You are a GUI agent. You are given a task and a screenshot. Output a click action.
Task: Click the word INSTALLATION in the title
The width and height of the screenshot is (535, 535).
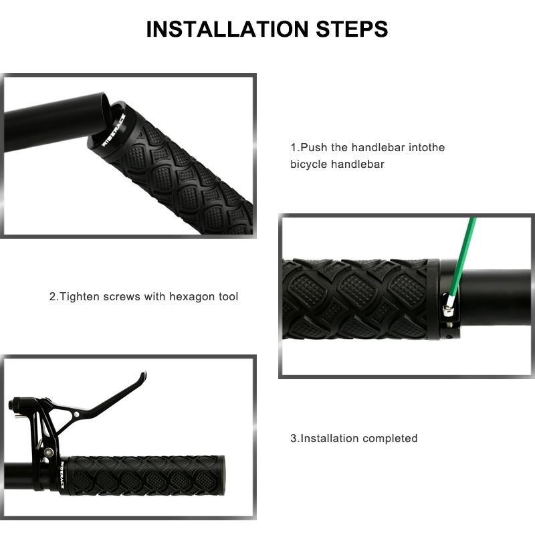227,29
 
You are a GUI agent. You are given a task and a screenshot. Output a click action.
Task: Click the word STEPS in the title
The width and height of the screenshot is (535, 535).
352,29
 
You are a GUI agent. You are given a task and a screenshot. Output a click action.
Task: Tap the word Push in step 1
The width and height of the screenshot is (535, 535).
314,147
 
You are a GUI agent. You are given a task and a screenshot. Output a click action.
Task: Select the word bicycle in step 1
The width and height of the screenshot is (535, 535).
308,165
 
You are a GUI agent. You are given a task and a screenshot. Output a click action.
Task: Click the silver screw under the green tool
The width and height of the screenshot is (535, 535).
448,310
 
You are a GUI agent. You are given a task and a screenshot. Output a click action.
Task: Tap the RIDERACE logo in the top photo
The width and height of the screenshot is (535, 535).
114,130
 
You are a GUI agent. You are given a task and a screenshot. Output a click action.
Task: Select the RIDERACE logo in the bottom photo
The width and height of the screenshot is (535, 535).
62,474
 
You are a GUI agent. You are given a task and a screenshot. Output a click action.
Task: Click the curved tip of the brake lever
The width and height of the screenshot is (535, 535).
144,375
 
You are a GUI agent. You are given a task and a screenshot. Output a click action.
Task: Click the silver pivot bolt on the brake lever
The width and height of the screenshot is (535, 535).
76,414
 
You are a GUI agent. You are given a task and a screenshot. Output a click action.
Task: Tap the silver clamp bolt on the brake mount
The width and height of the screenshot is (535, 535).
49,453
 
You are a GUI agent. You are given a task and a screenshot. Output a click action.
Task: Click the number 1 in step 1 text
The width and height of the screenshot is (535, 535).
294,148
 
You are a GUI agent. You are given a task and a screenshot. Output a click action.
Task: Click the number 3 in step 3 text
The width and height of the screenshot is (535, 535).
294,439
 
